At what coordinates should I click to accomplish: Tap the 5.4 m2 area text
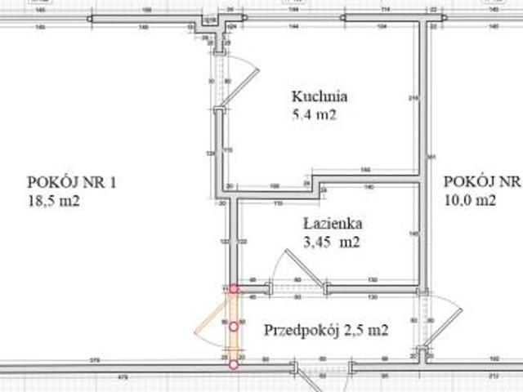click(x=314, y=115)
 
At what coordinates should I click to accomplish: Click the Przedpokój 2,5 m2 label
click(x=325, y=330)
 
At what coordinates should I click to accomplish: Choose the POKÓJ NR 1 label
click(x=72, y=182)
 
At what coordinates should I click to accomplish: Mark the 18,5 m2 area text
click(x=53, y=201)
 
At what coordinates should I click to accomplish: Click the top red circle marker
click(x=234, y=288)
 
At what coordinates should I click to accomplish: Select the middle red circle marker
click(x=234, y=327)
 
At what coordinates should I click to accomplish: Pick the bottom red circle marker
click(x=234, y=364)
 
